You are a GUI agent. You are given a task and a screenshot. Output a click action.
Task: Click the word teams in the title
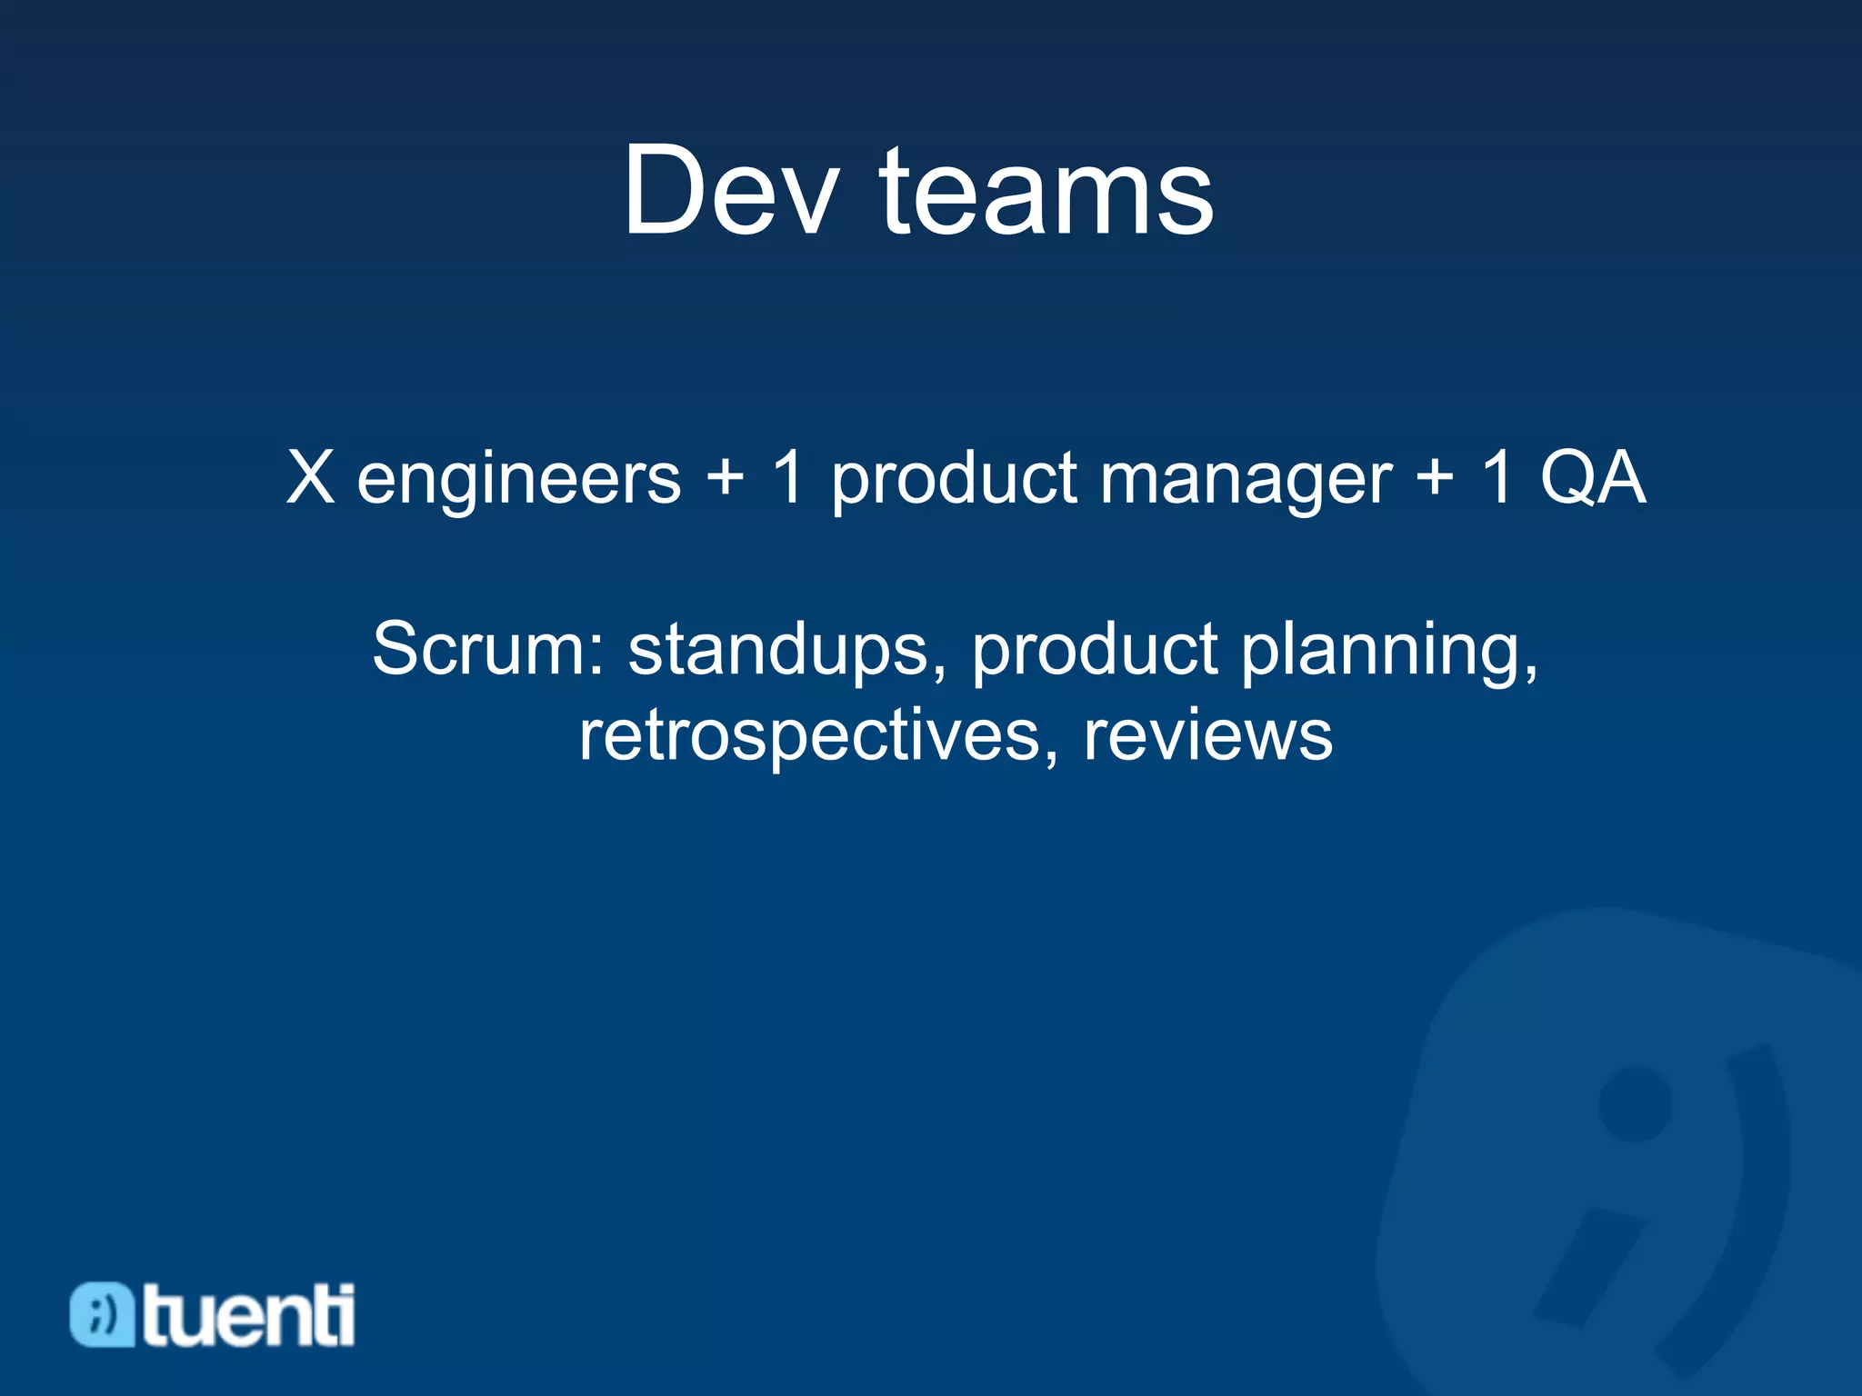[x=1046, y=193]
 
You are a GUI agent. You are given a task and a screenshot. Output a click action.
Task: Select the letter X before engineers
[x=310, y=478]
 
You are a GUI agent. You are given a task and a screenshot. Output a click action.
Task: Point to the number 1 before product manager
[x=787, y=478]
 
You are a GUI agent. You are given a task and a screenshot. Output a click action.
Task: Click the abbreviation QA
[x=1592, y=478]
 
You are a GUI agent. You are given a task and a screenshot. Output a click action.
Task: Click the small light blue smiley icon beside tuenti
[x=102, y=1314]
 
